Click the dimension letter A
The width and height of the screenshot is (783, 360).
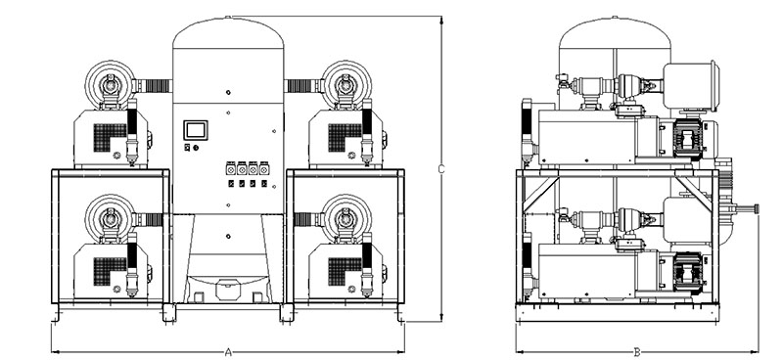[228, 352]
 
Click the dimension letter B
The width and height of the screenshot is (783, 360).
[637, 352]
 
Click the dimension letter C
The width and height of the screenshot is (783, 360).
[441, 169]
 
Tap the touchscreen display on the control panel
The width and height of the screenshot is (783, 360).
[195, 130]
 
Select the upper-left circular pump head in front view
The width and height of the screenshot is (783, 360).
[110, 84]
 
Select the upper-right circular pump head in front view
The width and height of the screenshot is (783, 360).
[346, 84]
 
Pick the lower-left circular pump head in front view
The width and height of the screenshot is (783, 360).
[110, 218]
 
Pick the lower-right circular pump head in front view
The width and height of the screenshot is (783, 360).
[346, 218]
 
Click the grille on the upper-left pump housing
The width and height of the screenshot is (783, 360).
[110, 137]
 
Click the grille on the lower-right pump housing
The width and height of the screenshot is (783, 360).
[345, 271]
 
